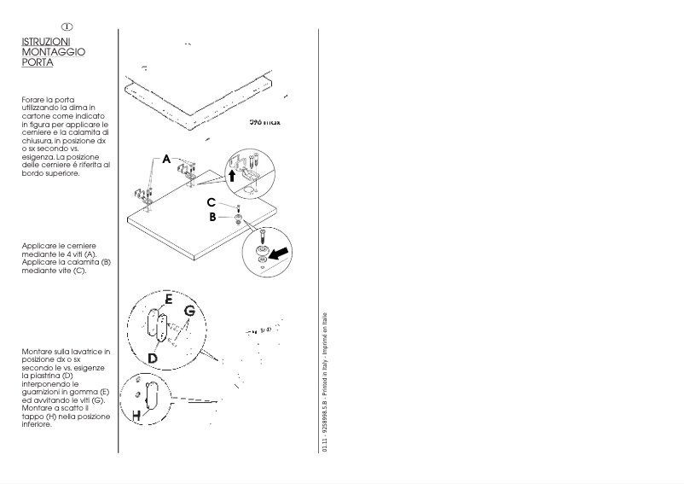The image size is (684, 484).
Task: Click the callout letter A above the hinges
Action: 167,159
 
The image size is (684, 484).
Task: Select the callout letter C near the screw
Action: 211,202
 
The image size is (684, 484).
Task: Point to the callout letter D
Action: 152,358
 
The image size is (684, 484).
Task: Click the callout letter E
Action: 169,300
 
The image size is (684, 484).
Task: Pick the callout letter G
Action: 190,312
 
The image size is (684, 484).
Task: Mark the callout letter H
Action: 136,415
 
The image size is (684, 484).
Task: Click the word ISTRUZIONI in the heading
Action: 47,41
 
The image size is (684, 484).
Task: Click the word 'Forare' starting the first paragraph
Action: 35,99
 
